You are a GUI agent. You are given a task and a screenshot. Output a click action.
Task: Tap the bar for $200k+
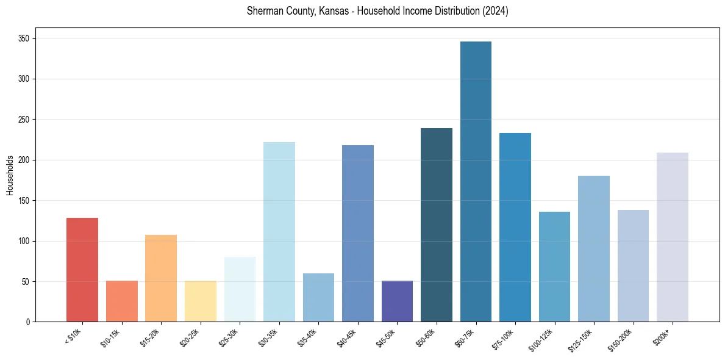click(672, 237)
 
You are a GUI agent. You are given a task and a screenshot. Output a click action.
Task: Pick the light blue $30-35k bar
click(279, 232)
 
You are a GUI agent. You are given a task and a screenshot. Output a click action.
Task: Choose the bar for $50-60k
click(437, 225)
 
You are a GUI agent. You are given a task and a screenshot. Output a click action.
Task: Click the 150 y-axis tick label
click(24, 201)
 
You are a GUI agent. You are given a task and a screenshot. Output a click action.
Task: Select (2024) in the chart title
click(495, 11)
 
